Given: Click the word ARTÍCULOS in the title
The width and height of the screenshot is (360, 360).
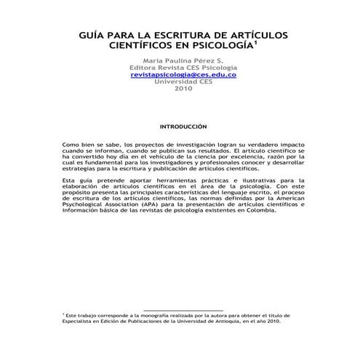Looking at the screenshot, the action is [243, 36].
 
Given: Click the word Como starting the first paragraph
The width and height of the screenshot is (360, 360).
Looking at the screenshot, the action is [72, 145].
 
